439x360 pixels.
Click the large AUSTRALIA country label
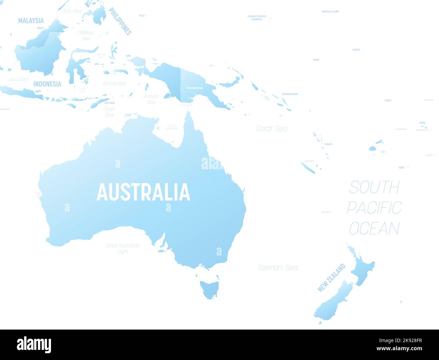point(143,192)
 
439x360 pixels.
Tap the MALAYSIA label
point(31,21)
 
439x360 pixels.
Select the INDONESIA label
point(47,84)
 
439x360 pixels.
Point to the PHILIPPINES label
point(120,21)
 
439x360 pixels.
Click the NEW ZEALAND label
point(332,278)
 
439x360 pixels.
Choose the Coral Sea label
point(272,128)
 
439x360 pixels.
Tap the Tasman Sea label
point(278,268)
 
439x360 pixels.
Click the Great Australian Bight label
point(123,248)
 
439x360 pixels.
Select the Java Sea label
point(18,79)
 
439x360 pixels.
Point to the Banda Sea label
point(115,83)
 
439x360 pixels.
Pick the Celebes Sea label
point(86,35)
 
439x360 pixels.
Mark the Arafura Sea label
point(151,99)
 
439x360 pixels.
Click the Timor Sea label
point(109,112)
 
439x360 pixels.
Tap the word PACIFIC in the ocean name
point(374,208)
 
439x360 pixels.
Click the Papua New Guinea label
point(195,88)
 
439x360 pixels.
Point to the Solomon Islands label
point(290,94)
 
